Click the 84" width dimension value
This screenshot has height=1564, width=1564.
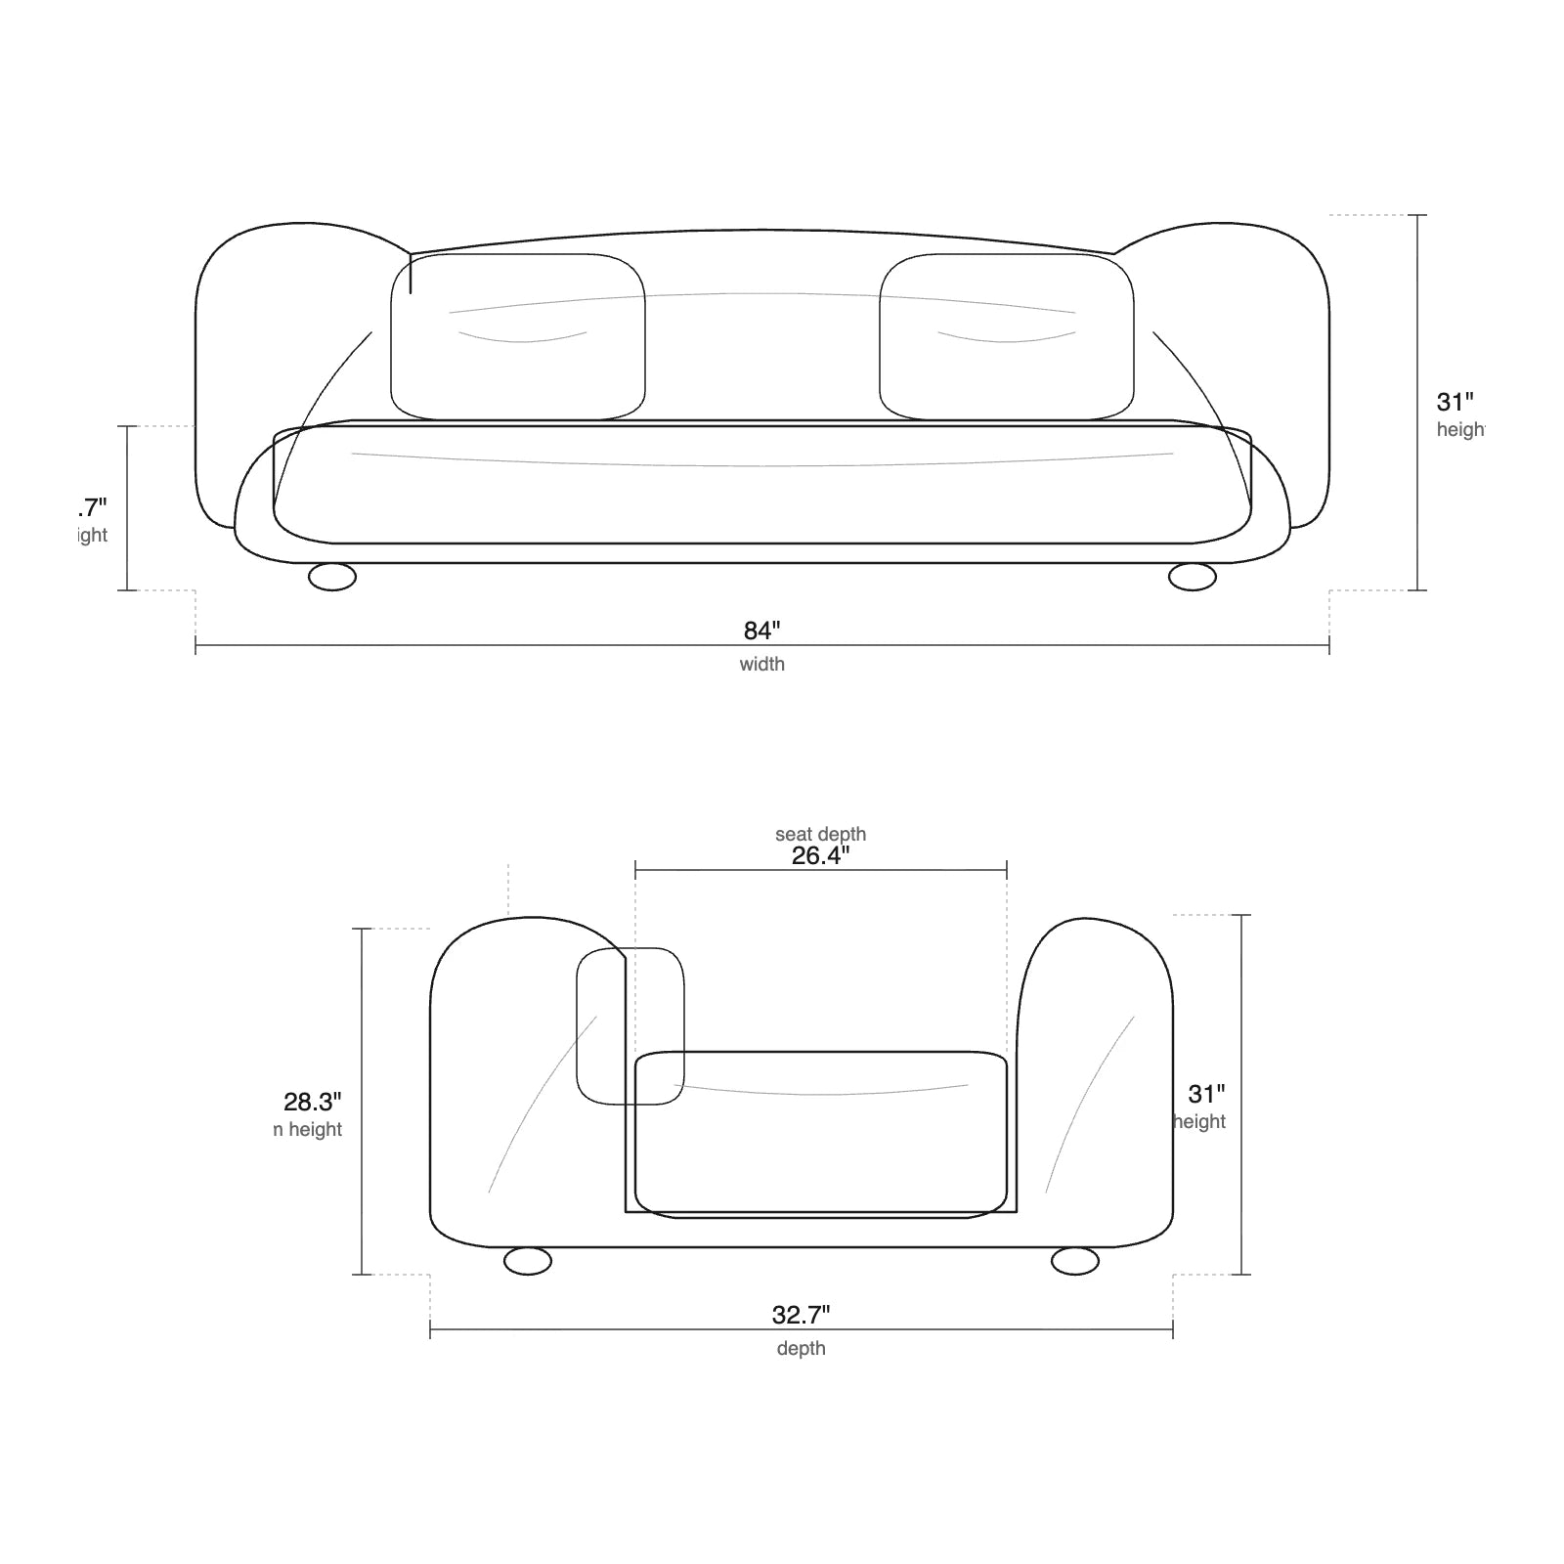[762, 630]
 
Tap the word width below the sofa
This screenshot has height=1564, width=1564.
[761, 665]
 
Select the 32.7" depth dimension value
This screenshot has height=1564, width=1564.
[801, 1315]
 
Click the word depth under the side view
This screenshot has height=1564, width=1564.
[801, 1349]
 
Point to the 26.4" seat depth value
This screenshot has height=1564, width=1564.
[820, 856]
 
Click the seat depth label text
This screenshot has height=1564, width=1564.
[820, 834]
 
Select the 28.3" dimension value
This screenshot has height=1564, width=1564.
[312, 1102]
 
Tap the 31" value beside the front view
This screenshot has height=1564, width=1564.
[1455, 402]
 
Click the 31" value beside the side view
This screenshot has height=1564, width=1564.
[1206, 1094]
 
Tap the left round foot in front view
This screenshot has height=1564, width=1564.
[332, 577]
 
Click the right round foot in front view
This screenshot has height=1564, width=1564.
[1193, 577]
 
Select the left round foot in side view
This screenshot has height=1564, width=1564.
[528, 1261]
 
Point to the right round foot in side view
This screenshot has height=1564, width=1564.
[1075, 1261]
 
